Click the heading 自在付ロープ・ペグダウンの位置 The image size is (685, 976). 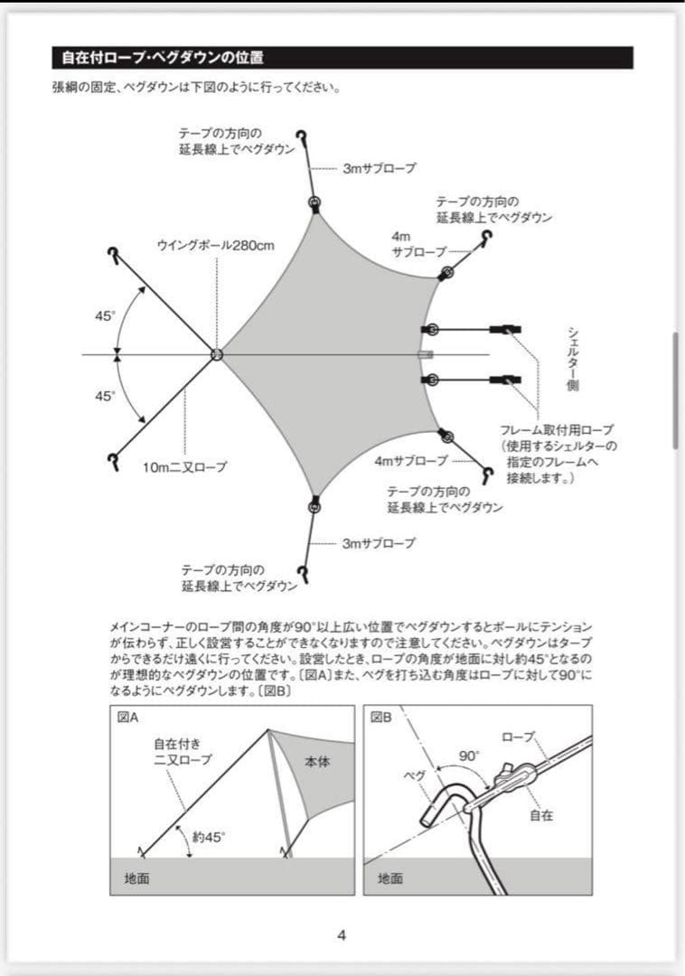(163, 59)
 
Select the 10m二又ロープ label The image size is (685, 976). (184, 467)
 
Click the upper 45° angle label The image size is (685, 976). (106, 316)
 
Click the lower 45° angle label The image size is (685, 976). (106, 396)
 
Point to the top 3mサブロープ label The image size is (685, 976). (380, 168)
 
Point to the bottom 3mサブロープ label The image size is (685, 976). (379, 543)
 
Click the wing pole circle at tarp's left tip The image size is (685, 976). (217, 354)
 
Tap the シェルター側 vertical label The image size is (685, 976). (574, 358)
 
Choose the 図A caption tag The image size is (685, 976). (126, 718)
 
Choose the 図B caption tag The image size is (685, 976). (380, 718)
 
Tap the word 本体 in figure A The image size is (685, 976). (316, 762)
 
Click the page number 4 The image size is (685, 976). (342, 935)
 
